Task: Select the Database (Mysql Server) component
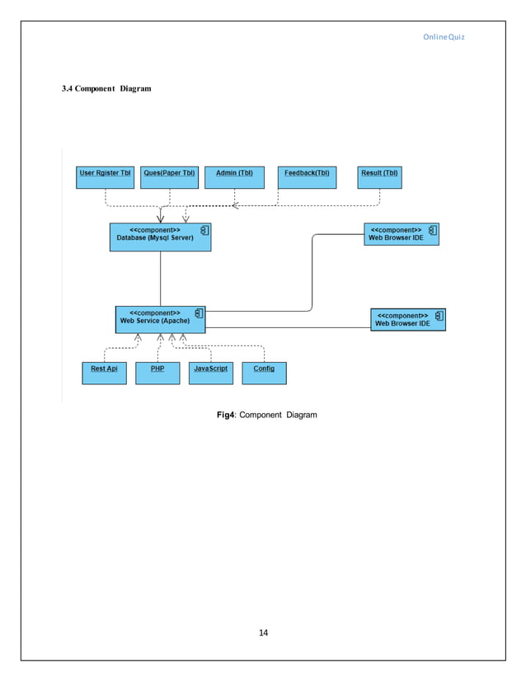tap(160, 237)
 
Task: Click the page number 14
tap(264, 632)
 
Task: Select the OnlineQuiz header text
tap(445, 37)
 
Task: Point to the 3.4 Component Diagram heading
tap(106, 88)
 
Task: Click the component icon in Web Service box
tap(198, 313)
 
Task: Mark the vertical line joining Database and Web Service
tap(160, 278)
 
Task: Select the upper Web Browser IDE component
tap(402, 234)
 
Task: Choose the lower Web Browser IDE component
tap(408, 319)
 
